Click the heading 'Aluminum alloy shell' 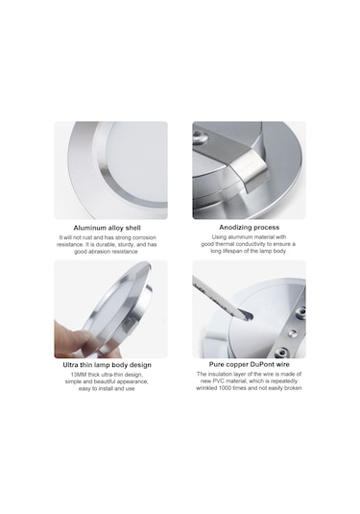(x=110, y=228)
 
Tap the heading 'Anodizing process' (x=249, y=228)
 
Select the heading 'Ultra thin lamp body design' (x=110, y=366)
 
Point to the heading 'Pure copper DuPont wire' (x=249, y=366)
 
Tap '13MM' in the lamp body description (x=69, y=376)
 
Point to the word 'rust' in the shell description (x=89, y=237)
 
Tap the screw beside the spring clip (x=199, y=138)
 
